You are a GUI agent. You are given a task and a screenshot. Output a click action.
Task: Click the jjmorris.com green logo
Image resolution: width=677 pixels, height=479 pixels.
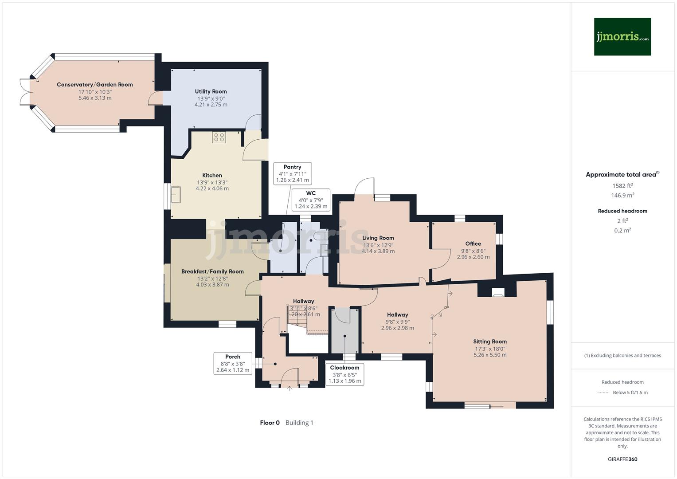(622, 36)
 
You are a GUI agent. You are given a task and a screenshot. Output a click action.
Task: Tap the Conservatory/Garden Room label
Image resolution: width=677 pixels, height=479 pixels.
(94, 85)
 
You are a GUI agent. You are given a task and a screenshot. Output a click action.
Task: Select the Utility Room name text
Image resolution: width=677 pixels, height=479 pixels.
(211, 91)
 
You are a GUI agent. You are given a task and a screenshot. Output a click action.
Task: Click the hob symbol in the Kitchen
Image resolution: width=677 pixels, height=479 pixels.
(219, 137)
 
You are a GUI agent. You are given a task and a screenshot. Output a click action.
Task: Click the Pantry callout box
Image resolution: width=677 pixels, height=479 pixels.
(292, 173)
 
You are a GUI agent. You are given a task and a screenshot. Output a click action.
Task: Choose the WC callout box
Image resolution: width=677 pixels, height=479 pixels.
(311, 200)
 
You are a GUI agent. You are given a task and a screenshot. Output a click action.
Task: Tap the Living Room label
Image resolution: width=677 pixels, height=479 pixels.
(378, 238)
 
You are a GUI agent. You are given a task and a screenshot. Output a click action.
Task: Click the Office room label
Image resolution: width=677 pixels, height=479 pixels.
(473, 243)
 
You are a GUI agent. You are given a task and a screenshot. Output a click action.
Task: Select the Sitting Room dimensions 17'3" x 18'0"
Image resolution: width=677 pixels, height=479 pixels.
(489, 349)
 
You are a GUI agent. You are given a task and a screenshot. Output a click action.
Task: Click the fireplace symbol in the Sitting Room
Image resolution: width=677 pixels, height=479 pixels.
(498, 292)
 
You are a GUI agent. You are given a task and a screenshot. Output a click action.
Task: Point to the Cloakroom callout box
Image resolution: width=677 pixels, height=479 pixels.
(344, 374)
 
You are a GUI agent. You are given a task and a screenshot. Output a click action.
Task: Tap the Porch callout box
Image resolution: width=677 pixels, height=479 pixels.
(232, 363)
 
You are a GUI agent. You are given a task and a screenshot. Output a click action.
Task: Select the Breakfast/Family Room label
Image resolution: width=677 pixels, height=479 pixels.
(212, 271)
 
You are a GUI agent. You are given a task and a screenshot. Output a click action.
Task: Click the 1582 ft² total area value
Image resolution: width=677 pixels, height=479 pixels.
(622, 186)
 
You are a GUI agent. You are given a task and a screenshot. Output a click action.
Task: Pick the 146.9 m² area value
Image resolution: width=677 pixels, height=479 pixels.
(622, 196)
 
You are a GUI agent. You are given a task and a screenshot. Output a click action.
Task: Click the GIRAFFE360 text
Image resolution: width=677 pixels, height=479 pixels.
(622, 459)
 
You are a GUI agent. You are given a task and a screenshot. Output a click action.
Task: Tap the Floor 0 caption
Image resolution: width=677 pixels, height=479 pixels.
(270, 423)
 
